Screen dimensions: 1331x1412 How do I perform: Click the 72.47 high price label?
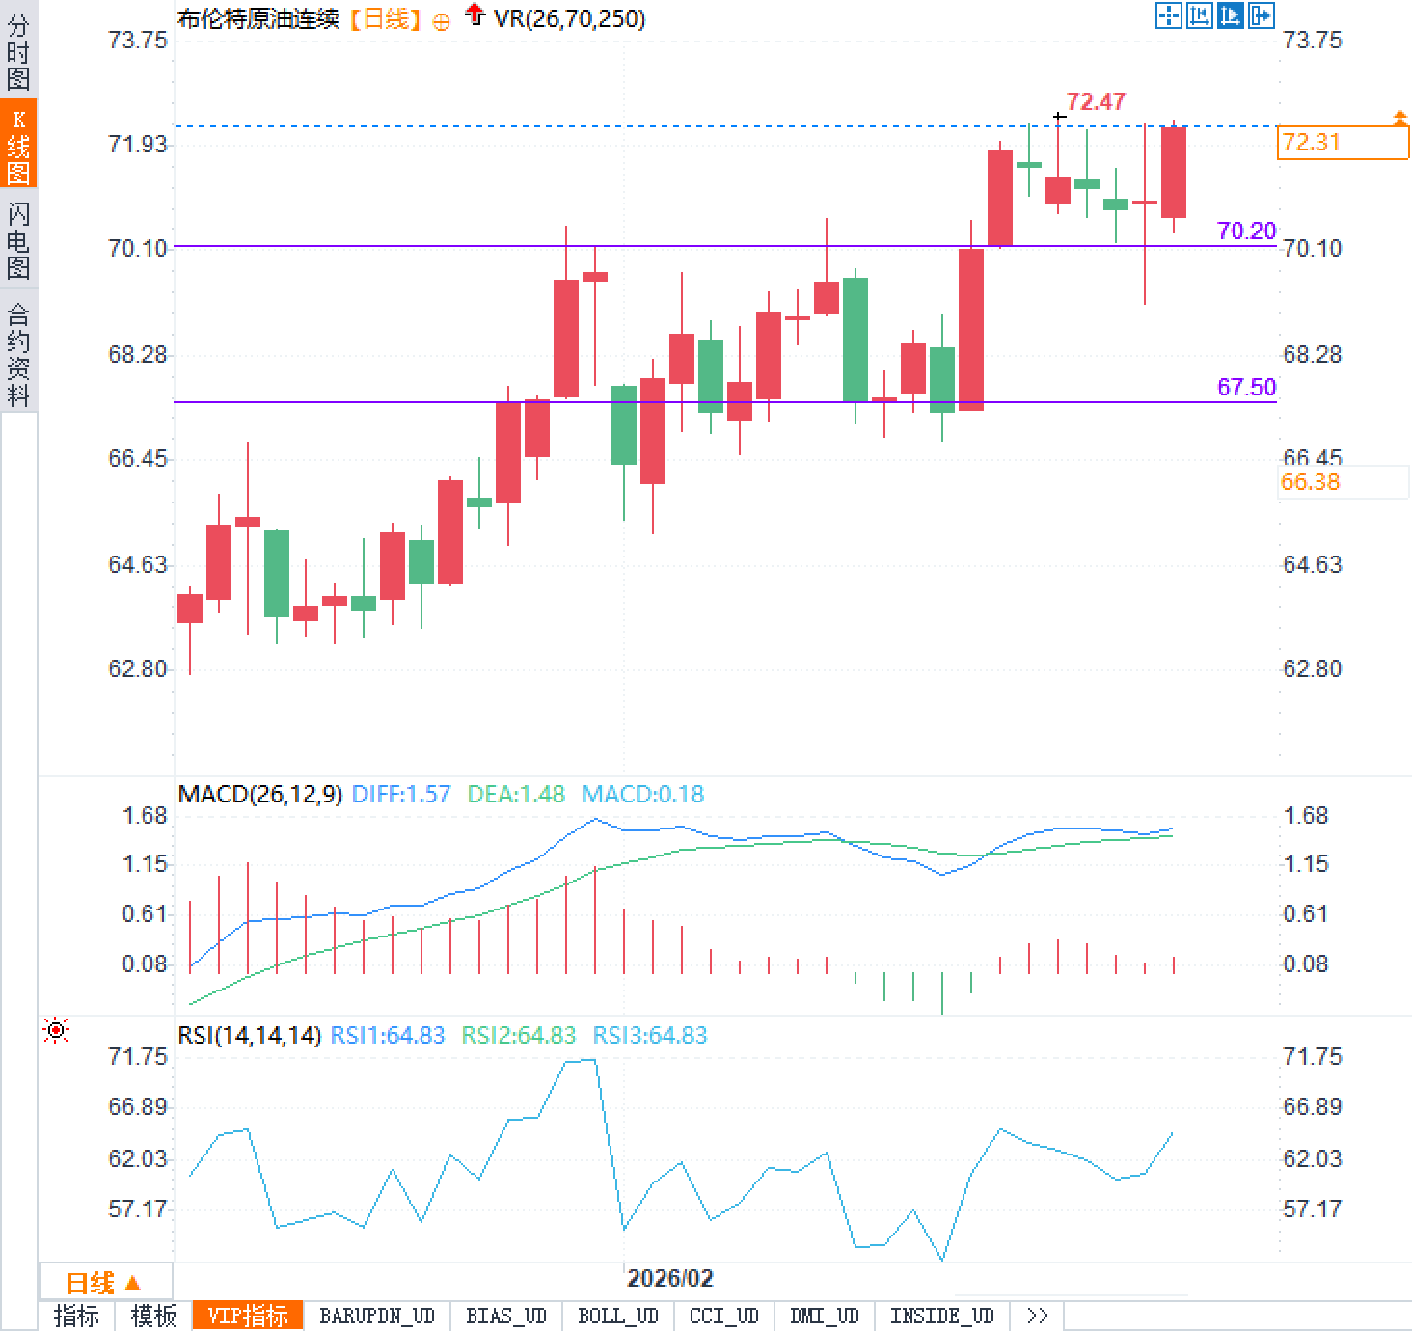click(1096, 101)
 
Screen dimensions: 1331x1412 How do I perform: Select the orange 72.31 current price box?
click(1342, 143)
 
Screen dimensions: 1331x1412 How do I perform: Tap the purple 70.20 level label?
click(1246, 231)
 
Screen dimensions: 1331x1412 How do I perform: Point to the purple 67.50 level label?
click(1246, 387)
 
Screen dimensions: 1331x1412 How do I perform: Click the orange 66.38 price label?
click(1311, 482)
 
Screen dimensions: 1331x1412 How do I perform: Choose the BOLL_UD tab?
click(617, 1317)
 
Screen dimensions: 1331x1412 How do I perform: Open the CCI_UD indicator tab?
click(723, 1317)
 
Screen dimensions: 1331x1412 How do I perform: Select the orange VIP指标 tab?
click(248, 1317)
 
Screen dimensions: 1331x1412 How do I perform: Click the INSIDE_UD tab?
click(941, 1317)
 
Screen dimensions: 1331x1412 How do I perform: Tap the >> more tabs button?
click(1037, 1317)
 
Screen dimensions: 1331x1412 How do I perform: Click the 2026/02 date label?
click(669, 1279)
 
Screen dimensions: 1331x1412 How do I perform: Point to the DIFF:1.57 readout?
click(401, 794)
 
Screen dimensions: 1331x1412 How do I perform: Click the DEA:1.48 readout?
click(516, 794)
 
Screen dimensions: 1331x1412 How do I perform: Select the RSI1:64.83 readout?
click(388, 1035)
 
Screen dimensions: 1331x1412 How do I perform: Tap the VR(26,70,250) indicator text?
click(569, 18)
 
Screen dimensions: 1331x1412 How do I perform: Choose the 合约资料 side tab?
click(18, 354)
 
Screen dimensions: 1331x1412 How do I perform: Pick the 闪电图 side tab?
click(18, 240)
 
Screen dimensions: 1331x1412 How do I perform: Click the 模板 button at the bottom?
click(153, 1317)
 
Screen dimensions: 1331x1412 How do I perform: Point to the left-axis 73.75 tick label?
click(138, 41)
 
